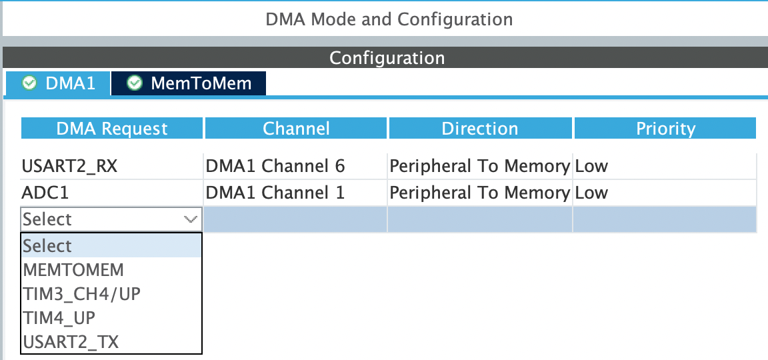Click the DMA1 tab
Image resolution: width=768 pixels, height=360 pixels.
[58, 83]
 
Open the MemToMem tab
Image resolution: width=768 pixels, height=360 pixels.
[189, 83]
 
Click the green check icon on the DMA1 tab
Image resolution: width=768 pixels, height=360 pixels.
[29, 83]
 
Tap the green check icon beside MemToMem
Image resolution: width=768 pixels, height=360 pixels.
[134, 83]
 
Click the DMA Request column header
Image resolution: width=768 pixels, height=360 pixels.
[112, 128]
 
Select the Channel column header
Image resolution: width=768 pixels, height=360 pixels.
[296, 128]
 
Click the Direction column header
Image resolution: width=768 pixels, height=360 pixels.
[480, 128]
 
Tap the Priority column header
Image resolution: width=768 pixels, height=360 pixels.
[665, 128]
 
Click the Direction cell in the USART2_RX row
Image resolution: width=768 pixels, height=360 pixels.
[480, 167]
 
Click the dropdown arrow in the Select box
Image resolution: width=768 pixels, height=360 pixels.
[191, 219]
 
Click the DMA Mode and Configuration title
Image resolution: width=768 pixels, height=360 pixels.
[389, 19]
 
